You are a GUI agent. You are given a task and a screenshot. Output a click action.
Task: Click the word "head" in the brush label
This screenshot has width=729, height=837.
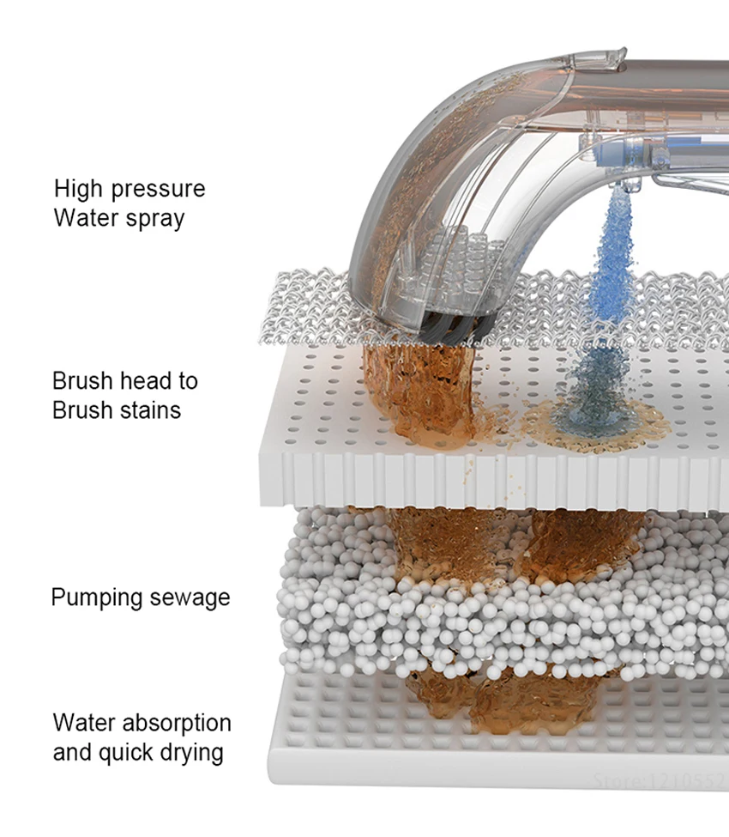[x=145, y=380]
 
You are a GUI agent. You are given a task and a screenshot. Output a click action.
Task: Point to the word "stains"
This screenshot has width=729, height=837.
[x=151, y=409]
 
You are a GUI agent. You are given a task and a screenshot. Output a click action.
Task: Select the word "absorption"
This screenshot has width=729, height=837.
[x=178, y=724]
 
